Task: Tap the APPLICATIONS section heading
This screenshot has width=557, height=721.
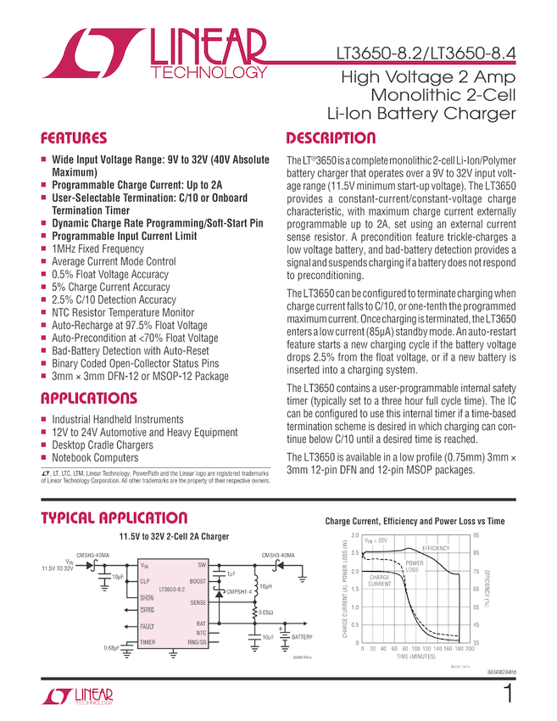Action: (x=89, y=399)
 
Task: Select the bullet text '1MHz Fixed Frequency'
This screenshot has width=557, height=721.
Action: (x=97, y=249)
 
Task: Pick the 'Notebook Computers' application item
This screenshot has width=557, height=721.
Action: (x=95, y=458)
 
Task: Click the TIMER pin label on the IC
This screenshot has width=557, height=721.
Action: (x=148, y=643)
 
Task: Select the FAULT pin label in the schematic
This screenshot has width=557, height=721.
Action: (x=148, y=626)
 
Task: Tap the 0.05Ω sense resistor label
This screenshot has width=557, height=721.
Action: (x=266, y=611)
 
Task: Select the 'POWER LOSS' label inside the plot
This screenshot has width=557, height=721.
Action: (x=415, y=567)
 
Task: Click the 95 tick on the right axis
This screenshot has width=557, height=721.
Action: (x=476, y=536)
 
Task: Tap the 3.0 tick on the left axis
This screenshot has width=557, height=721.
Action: (x=355, y=536)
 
